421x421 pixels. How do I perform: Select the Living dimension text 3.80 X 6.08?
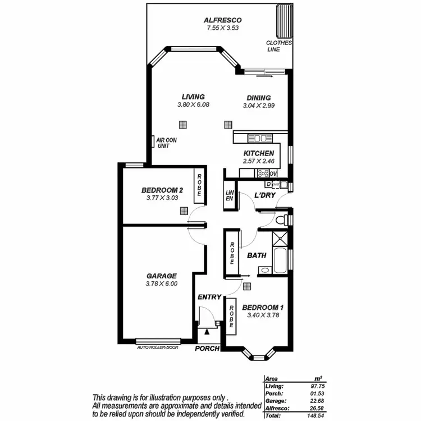193,105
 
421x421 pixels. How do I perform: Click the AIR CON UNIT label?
167,143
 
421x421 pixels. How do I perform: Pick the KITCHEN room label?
258,153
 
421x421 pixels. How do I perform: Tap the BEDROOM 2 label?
162,190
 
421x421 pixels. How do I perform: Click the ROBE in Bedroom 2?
199,185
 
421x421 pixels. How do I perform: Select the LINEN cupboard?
229,195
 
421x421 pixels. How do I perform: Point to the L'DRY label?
264,195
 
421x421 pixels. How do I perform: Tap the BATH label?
257,255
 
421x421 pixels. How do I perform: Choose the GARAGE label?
162,276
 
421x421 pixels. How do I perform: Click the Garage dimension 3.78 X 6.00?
162,284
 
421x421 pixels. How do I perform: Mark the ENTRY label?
209,297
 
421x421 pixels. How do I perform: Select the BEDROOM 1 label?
263,307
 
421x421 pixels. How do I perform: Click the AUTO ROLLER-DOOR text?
158,347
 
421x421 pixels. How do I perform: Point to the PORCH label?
207,349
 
